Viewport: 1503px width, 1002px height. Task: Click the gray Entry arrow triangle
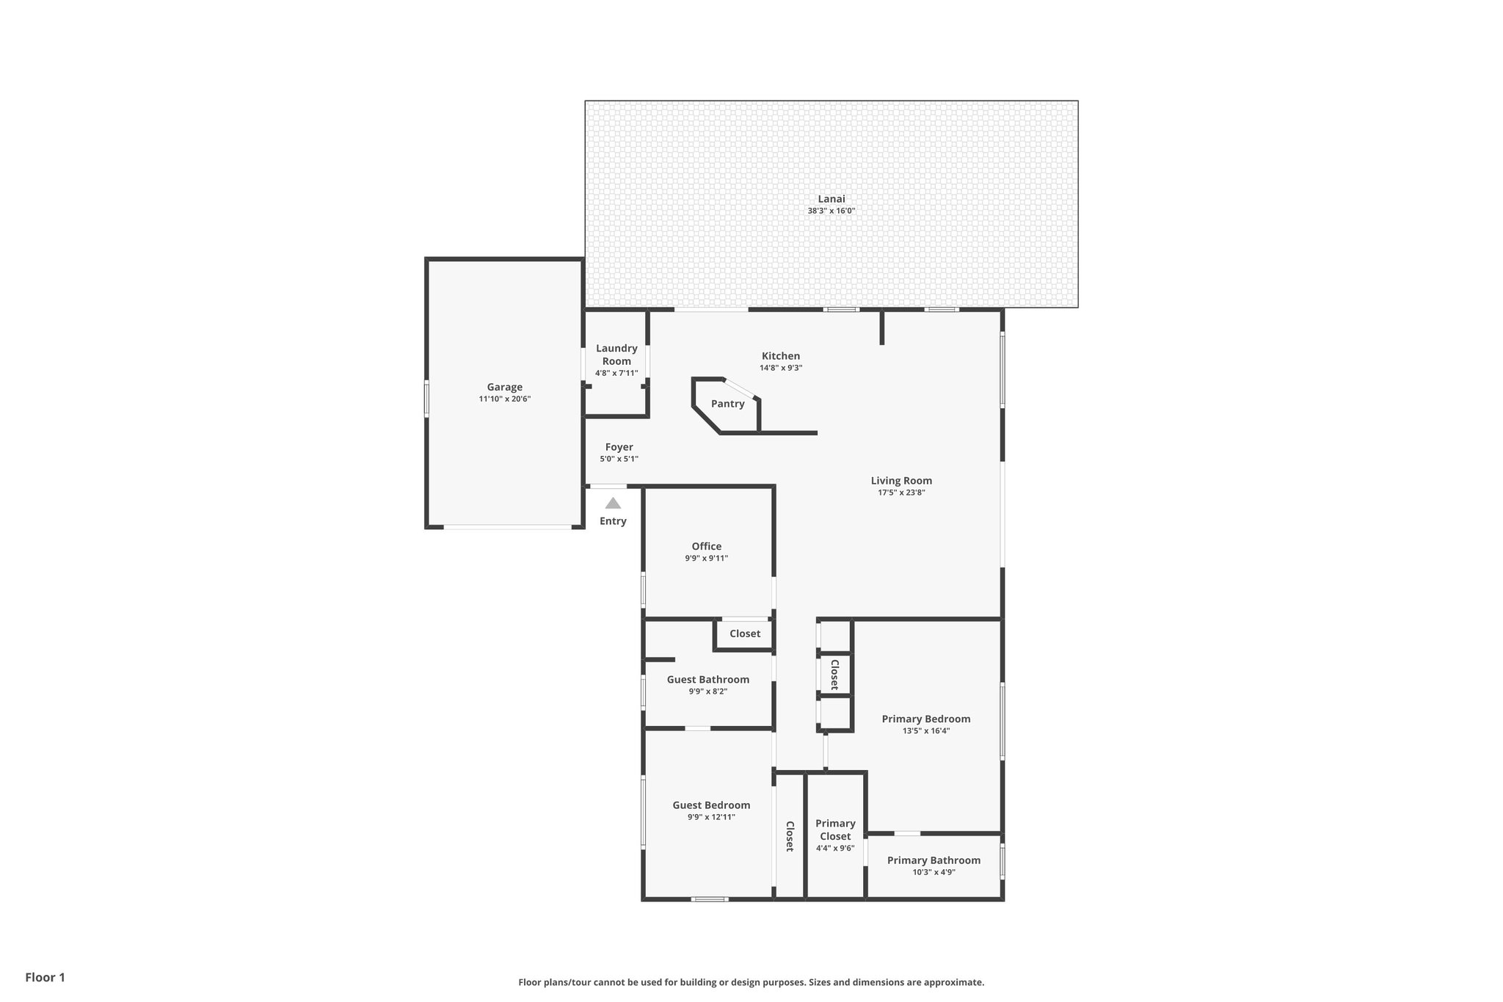pyautogui.click(x=613, y=504)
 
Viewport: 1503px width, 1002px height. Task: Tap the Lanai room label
pyautogui.click(x=831, y=199)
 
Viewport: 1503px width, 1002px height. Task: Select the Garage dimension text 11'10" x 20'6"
pyautogui.click(x=505, y=399)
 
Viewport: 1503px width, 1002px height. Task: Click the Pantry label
pyautogui.click(x=727, y=404)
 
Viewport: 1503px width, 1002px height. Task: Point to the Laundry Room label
pyautogui.click(x=616, y=355)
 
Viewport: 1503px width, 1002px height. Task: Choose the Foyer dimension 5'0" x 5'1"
pyautogui.click(x=619, y=459)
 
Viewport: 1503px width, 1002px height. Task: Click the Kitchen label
pyautogui.click(x=781, y=356)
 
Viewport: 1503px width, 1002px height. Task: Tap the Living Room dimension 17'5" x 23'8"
pyautogui.click(x=901, y=493)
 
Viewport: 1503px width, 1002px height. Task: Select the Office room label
pyautogui.click(x=707, y=546)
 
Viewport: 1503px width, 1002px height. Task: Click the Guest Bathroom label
pyautogui.click(x=708, y=680)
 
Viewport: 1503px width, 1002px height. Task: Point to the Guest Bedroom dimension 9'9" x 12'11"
pyautogui.click(x=711, y=817)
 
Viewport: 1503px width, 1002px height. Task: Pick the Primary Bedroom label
pyautogui.click(x=926, y=719)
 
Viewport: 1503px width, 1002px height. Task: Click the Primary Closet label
pyautogui.click(x=835, y=830)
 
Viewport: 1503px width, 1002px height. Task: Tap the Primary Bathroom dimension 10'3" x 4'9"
pyautogui.click(x=934, y=872)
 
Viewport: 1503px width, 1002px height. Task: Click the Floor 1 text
pyautogui.click(x=46, y=977)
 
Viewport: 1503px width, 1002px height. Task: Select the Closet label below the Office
pyautogui.click(x=745, y=633)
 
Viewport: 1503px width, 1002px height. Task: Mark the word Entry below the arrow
pyautogui.click(x=613, y=521)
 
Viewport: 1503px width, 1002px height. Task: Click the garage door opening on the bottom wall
pyautogui.click(x=508, y=526)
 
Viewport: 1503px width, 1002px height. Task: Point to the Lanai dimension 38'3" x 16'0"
pyautogui.click(x=831, y=211)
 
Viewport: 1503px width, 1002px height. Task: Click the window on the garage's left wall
pyautogui.click(x=426, y=399)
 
